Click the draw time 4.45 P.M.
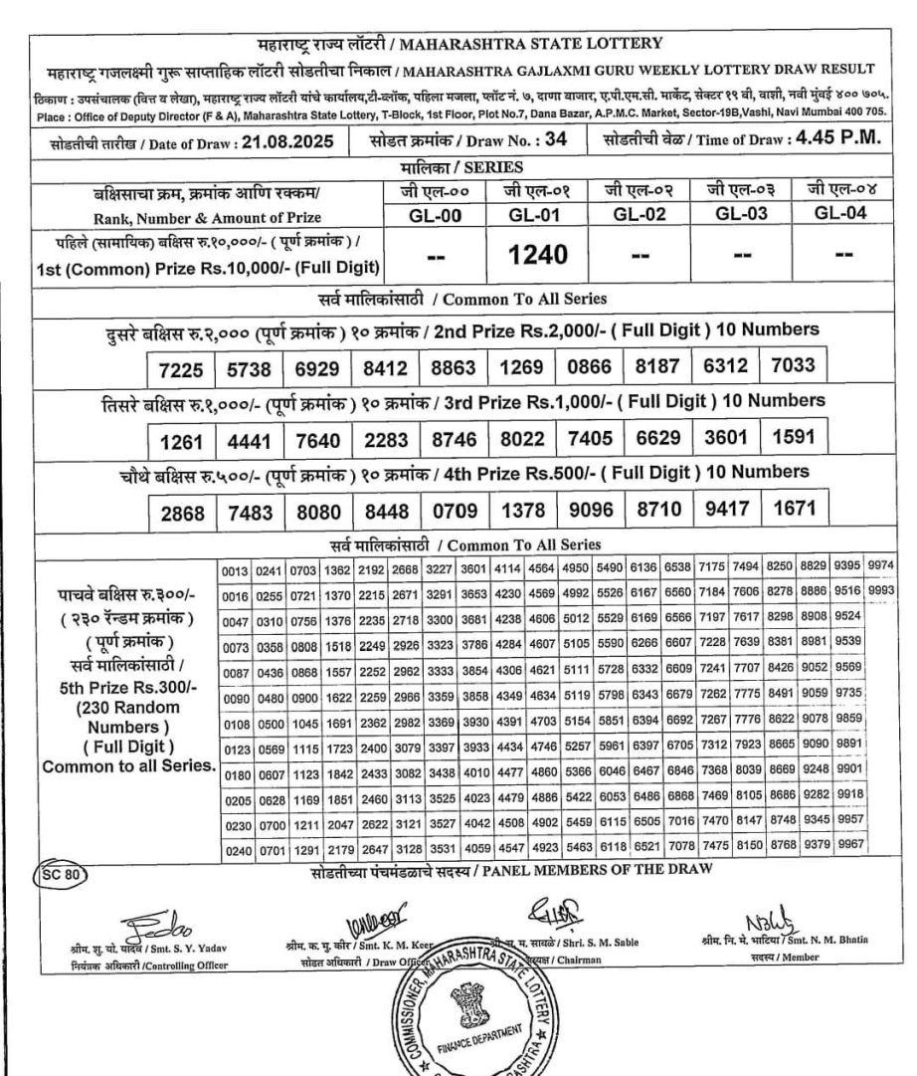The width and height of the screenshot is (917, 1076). click(838, 139)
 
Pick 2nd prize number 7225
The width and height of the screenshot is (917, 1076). click(182, 370)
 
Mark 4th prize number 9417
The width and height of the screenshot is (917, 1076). click(724, 511)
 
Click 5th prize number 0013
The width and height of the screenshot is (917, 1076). click(235, 568)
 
